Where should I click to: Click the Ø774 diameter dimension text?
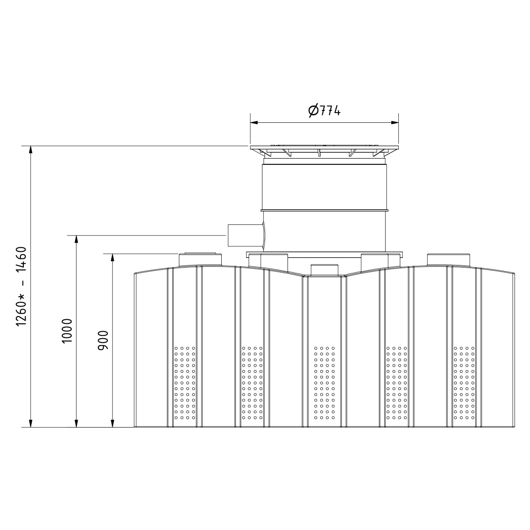pyautogui.click(x=325, y=110)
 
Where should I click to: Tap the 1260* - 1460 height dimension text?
pyautogui.click(x=22, y=286)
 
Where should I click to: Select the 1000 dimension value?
pyautogui.click(x=67, y=331)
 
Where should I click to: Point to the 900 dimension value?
pyautogui.click(x=103, y=340)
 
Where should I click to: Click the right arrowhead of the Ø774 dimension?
pyautogui.click(x=395, y=123)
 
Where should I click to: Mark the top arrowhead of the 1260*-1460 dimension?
pyautogui.click(x=31, y=150)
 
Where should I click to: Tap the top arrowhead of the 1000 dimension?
pyautogui.click(x=76, y=239)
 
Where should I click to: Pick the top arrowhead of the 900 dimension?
pyautogui.click(x=112, y=257)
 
